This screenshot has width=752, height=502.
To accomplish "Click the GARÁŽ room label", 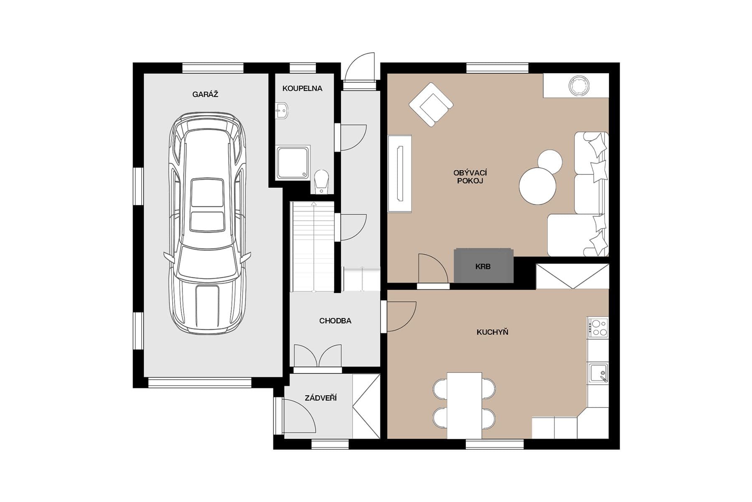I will click(x=205, y=94).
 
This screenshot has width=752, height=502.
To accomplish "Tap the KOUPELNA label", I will click(x=302, y=88).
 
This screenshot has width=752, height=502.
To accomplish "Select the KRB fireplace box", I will click(x=483, y=266).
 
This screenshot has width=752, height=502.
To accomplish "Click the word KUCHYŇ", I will click(x=492, y=332).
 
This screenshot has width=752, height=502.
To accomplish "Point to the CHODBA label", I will click(x=335, y=321).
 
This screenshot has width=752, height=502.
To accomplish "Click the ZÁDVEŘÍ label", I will click(x=320, y=398).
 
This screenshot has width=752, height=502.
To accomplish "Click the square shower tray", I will click(x=293, y=162).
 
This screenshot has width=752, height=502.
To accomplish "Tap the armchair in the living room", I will click(x=431, y=105).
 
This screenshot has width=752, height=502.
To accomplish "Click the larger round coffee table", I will click(x=538, y=186).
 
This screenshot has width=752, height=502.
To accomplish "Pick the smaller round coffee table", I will click(x=549, y=161).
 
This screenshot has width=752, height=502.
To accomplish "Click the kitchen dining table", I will click(x=464, y=405).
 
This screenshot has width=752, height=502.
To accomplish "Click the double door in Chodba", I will click(x=318, y=356).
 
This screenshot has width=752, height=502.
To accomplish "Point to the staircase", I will click(x=312, y=247).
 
